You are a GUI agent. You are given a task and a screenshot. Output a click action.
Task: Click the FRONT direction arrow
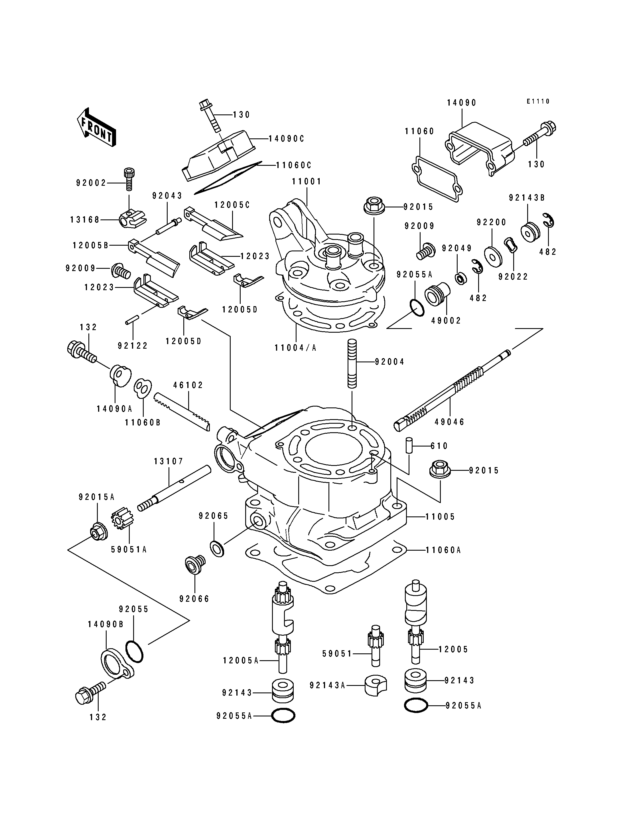point(96,128)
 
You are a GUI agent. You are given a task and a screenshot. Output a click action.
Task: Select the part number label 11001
point(306,182)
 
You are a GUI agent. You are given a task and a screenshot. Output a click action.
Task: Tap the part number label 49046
point(449,422)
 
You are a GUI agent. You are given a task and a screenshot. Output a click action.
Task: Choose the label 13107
point(169,462)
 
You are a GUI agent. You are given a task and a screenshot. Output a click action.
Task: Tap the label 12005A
point(240,661)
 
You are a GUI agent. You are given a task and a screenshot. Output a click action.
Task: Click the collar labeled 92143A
point(376,685)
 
